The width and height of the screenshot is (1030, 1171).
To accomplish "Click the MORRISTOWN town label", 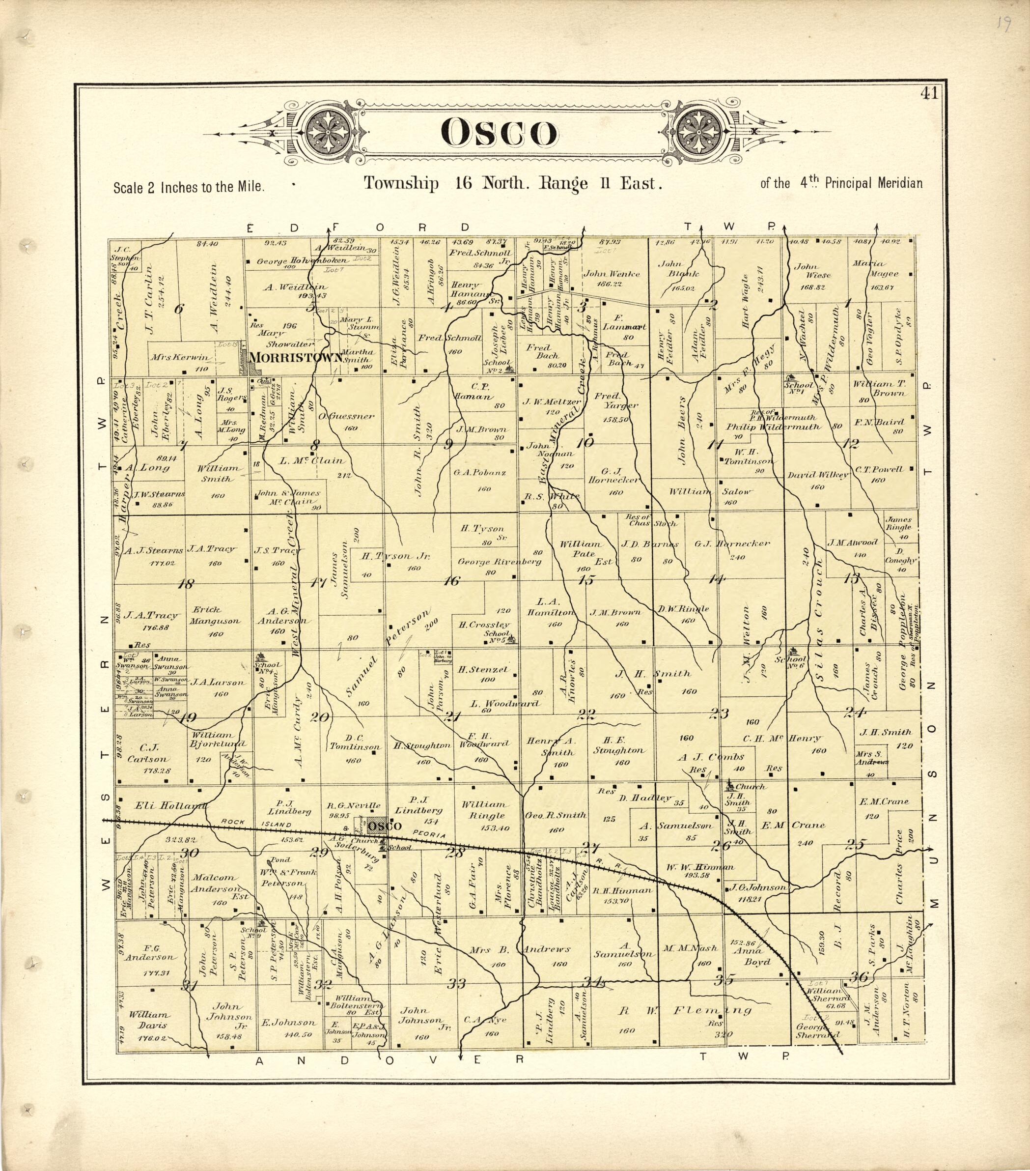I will point(297,358).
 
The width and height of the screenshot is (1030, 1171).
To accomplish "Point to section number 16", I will point(451,581).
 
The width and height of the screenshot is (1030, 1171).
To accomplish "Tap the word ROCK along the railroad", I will point(235,822).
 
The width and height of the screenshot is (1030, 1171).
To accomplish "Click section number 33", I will point(456,984).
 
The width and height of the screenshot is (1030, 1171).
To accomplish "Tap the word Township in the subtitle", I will point(401,183).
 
